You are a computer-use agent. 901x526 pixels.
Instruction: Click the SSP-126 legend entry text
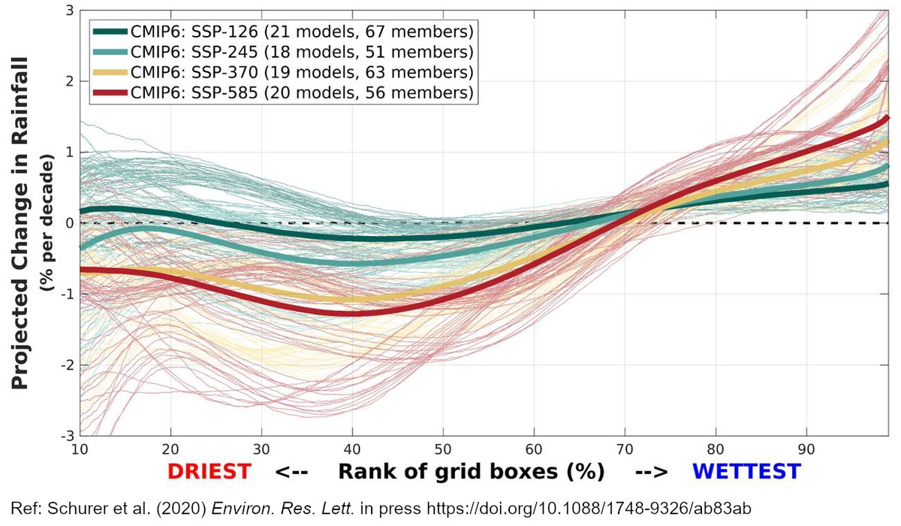tap(302, 32)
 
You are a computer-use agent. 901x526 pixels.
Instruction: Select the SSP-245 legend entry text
tap(302, 52)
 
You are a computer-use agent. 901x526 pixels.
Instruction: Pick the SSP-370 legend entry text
tap(302, 72)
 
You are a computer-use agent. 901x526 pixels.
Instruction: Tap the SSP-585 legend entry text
tap(302, 93)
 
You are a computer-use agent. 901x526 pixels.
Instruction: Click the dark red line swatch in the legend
tap(110, 93)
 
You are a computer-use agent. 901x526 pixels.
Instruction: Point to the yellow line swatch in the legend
tap(110, 72)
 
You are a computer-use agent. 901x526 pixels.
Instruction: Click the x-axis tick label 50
tap(443, 449)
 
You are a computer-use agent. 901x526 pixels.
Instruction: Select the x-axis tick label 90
tap(806, 449)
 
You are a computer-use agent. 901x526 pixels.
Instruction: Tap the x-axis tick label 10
tap(80, 449)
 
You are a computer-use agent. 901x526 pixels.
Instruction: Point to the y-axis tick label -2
tap(68, 365)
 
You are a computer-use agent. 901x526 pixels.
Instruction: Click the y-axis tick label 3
tap(70, 11)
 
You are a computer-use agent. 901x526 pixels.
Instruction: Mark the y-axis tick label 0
tap(70, 223)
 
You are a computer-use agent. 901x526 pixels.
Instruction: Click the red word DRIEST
tap(209, 472)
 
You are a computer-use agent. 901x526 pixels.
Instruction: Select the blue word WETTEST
tap(746, 472)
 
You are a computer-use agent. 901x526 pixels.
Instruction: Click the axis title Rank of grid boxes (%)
tap(472, 472)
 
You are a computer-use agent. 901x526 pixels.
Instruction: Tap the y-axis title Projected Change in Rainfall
tap(20, 223)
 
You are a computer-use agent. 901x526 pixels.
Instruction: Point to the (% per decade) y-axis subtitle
tap(47, 222)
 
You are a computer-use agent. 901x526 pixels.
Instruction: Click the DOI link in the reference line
tap(589, 509)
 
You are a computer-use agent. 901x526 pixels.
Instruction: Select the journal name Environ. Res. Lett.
tap(283, 509)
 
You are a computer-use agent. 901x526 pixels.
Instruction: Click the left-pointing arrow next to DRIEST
tap(291, 472)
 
